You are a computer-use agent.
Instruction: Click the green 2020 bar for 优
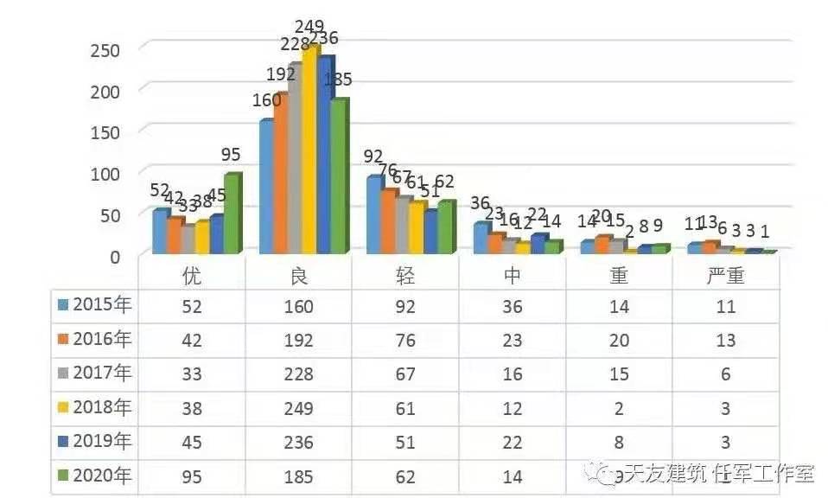click(x=232, y=214)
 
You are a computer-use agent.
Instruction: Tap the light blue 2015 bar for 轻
click(x=373, y=215)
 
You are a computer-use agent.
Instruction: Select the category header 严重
click(x=726, y=276)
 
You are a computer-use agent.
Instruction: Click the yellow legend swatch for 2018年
click(x=63, y=407)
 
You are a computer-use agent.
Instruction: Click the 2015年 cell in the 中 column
click(x=513, y=306)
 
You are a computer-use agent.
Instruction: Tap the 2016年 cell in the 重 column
click(x=619, y=341)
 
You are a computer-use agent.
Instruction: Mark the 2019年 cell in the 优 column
click(x=192, y=443)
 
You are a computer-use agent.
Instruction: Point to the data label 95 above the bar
click(x=231, y=156)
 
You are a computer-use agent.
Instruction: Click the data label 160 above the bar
click(x=267, y=100)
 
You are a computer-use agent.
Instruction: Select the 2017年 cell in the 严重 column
click(x=726, y=374)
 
